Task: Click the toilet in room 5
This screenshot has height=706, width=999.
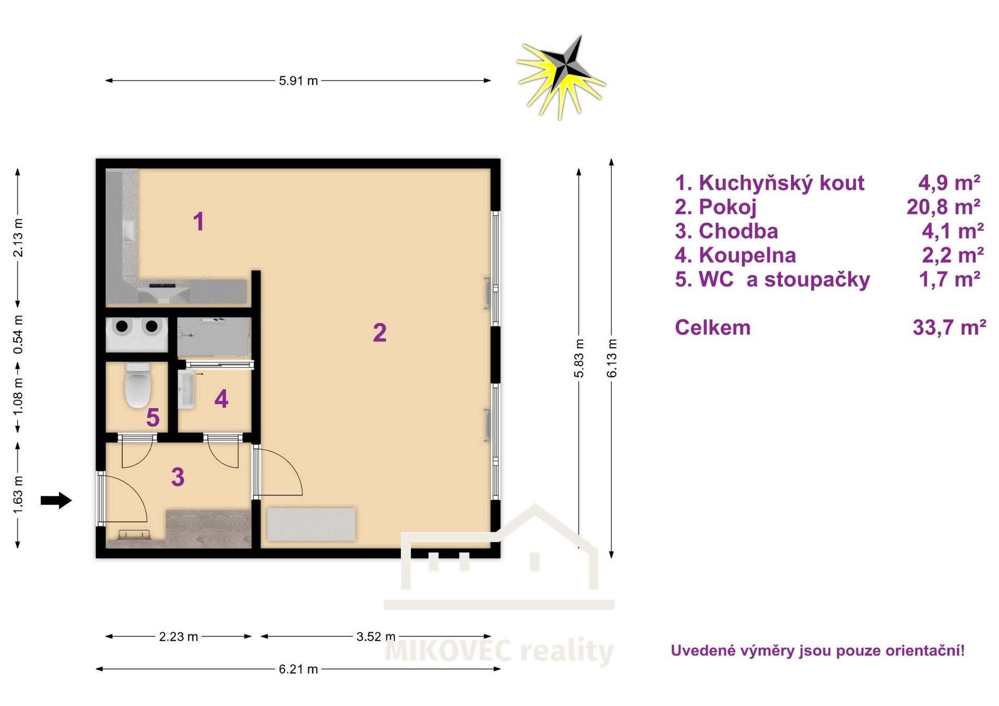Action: tap(138, 385)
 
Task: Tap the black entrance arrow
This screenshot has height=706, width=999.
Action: tap(56, 500)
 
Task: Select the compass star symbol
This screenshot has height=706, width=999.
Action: tap(561, 77)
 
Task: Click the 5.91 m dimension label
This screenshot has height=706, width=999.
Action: tap(298, 81)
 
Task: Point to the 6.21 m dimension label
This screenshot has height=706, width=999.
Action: tap(298, 669)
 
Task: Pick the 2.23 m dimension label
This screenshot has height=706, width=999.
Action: tap(178, 636)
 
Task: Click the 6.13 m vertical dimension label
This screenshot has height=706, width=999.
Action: tap(612, 358)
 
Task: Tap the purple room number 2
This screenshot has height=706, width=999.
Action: tap(380, 333)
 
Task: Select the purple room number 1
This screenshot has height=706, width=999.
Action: tap(198, 221)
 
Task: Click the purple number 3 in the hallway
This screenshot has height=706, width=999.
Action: tap(178, 477)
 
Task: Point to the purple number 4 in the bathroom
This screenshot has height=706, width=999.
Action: tap(222, 399)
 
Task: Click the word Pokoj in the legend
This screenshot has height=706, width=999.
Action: tap(727, 207)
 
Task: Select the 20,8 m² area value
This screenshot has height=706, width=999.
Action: tap(943, 207)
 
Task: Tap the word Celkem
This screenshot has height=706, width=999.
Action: tap(713, 328)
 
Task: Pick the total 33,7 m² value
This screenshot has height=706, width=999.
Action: tap(950, 328)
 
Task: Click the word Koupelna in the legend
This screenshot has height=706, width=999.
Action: tap(747, 255)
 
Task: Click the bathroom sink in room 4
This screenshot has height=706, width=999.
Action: tap(186, 389)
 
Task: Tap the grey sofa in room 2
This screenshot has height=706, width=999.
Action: tap(311, 524)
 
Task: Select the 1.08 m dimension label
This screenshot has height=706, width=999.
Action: tap(18, 397)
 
